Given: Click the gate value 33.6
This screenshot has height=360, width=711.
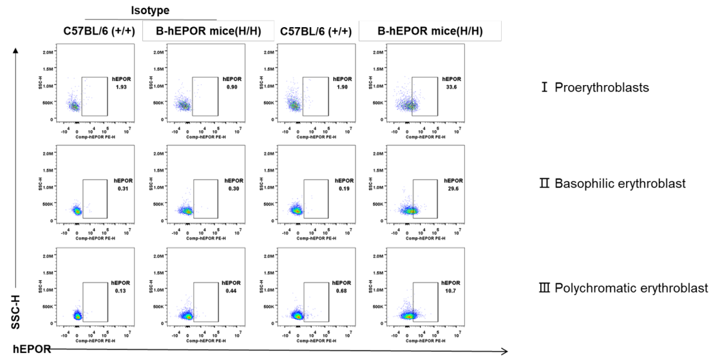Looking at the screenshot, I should (450, 88).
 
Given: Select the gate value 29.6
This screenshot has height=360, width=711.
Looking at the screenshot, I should (450, 189).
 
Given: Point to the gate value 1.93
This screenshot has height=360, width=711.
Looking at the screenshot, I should (120, 88).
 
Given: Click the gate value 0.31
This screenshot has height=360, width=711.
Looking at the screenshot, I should (120, 189).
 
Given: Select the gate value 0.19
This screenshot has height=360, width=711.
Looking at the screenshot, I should (341, 189).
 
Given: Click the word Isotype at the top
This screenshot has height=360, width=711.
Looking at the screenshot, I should (150, 11).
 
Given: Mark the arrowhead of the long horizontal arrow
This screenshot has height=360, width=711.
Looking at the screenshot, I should (506, 351).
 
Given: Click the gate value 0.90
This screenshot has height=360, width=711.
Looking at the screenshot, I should (231, 88).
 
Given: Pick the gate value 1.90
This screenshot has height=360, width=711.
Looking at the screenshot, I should (341, 88).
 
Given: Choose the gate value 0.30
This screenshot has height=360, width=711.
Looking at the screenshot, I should (231, 189).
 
